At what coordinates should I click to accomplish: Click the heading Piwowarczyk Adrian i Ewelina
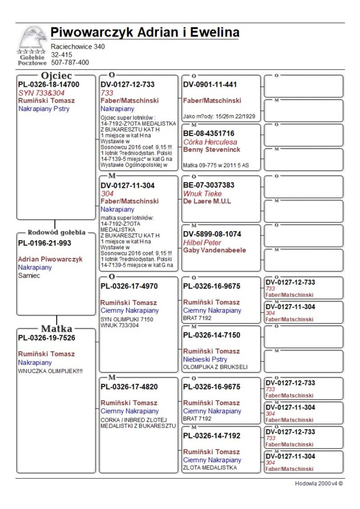144,33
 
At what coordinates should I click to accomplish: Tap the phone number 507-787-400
70,63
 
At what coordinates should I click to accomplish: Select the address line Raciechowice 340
78,46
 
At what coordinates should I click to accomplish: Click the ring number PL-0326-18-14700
49,85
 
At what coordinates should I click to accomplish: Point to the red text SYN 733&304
41,93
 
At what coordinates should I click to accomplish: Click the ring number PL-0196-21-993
45,243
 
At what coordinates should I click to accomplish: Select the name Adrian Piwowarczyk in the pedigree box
50,259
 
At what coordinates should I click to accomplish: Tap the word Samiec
29,275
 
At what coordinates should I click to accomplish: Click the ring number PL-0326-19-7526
46,338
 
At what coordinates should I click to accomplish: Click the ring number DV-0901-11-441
210,85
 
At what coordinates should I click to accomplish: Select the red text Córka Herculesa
210,142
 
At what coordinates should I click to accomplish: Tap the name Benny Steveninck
211,149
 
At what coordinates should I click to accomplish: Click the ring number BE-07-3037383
209,185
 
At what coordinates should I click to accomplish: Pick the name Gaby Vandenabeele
215,250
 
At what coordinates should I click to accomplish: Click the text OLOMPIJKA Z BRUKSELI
215,367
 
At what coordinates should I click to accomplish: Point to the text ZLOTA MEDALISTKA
210,468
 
